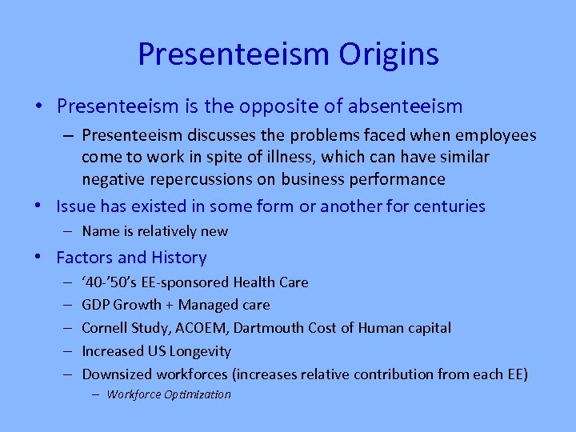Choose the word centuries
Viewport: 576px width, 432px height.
coord(449,206)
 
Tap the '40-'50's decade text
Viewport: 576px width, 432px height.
coord(111,282)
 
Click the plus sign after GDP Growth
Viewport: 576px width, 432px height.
coord(168,305)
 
